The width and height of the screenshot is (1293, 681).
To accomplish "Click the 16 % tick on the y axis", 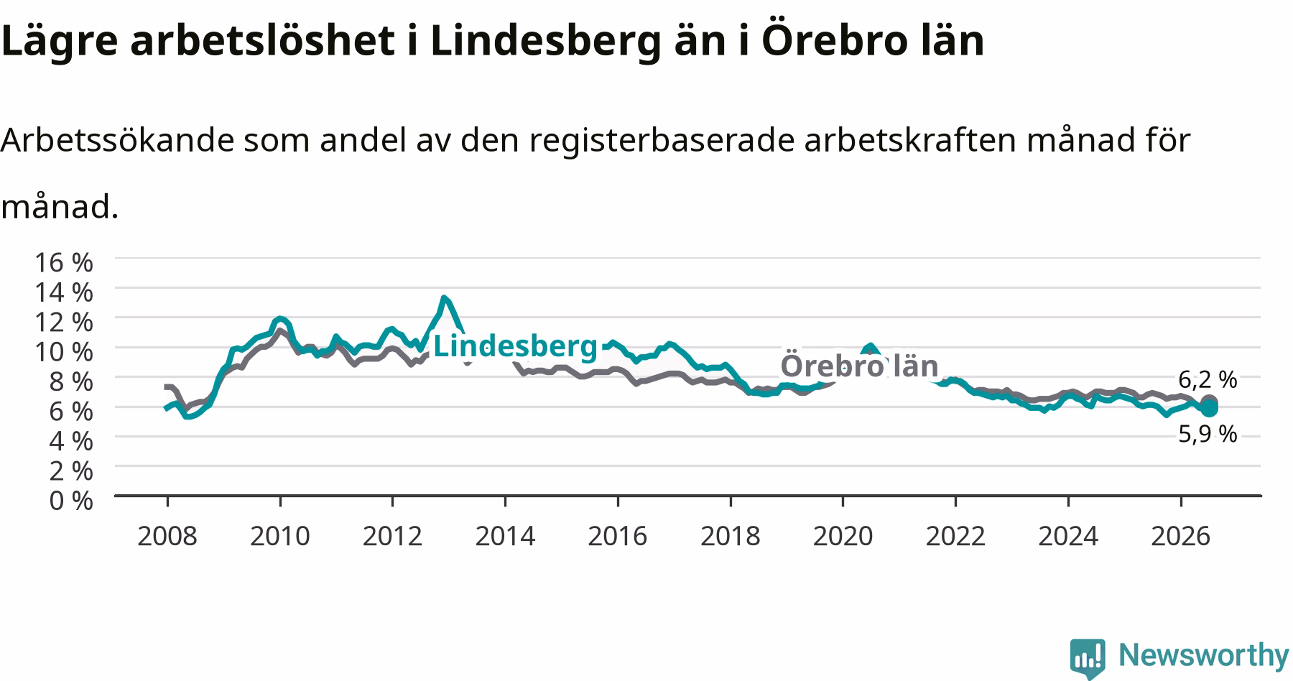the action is [64, 262].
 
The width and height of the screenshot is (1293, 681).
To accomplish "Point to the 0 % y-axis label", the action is [71, 500].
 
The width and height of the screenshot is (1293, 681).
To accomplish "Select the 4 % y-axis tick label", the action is [71, 440].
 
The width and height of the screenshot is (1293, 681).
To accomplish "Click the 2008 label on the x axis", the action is [167, 536].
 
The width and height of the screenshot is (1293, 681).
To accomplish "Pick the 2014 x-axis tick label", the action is [505, 536].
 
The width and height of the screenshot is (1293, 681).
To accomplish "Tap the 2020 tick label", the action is [843, 536].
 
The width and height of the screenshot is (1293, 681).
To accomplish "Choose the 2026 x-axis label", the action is [1181, 536].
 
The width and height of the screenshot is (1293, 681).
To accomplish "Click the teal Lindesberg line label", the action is [515, 346].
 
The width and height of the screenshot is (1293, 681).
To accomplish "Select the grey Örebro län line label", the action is [859, 366].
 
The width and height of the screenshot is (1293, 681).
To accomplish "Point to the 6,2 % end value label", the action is [1208, 379].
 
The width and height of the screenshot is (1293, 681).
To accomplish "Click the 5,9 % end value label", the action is [1208, 434].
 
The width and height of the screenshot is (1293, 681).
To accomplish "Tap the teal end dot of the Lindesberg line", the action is [1209, 408].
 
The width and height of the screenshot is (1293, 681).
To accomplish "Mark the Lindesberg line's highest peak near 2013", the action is [445, 297].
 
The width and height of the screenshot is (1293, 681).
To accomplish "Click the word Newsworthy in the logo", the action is [1204, 655].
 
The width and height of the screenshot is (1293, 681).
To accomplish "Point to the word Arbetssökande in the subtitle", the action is [118, 140].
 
